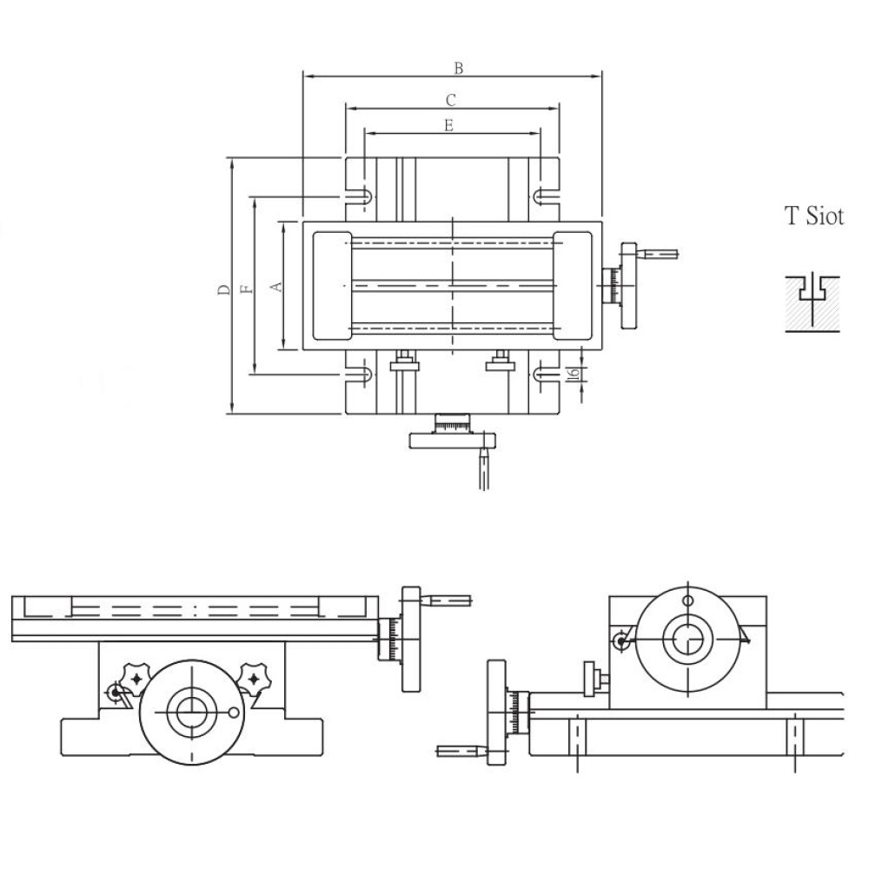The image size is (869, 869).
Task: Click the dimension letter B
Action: point(458,68)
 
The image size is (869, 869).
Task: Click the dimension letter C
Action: point(450,100)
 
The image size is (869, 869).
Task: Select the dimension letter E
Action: point(448,126)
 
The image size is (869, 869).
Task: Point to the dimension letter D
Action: point(223,289)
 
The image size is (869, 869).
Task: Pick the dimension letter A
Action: point(276,287)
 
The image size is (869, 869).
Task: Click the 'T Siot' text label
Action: point(814,216)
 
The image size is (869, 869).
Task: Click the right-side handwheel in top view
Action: point(628,286)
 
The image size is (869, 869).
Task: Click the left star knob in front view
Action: point(136,678)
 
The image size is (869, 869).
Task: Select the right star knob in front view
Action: point(253,679)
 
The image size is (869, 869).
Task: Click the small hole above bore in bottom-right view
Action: point(687,600)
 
